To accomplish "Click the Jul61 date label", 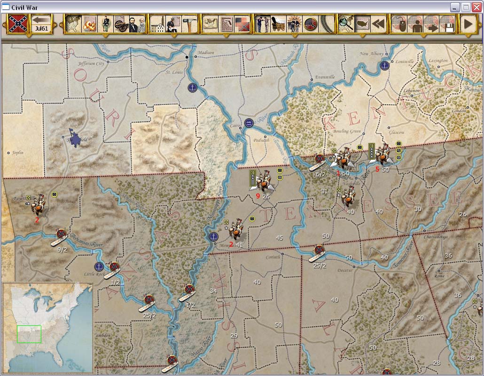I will [x=41, y=28].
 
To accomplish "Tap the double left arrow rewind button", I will [x=378, y=24].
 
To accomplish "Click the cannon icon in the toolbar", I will [x=121, y=24].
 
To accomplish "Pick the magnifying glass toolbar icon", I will [x=346, y=24].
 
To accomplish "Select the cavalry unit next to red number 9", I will [x=265, y=181].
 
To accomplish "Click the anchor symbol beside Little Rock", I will [x=99, y=267].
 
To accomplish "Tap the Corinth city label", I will [x=273, y=257].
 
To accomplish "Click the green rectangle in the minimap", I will [x=29, y=334].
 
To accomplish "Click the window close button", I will [x=476, y=7].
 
